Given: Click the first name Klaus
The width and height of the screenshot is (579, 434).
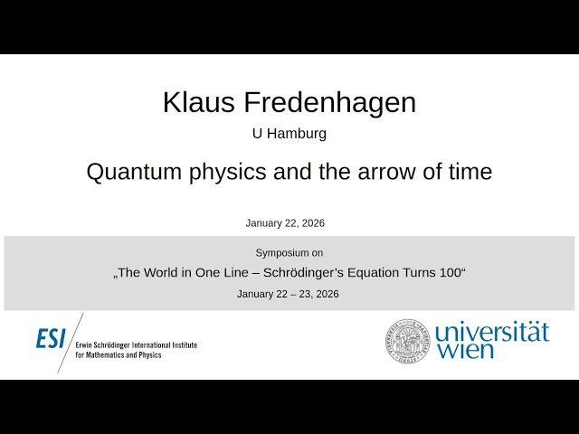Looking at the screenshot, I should pos(193,103).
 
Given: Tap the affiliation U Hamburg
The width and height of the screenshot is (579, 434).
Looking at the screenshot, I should pos(289,133).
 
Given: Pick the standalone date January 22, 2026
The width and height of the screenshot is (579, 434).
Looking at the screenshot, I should pos(285,223).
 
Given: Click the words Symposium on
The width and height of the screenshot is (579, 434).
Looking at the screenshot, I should pos(289,253).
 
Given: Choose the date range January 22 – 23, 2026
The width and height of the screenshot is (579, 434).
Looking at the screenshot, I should pos(288,294).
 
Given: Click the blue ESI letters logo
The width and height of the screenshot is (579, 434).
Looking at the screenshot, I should pos(51,339).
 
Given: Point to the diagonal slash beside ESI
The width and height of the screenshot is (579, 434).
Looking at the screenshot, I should pos(71,342).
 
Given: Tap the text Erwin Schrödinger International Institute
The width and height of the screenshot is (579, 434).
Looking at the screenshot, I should pos(136,345).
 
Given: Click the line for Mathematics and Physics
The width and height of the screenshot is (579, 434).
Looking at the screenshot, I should pos(119,355).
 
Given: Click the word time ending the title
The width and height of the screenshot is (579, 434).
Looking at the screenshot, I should pos(469,172).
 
